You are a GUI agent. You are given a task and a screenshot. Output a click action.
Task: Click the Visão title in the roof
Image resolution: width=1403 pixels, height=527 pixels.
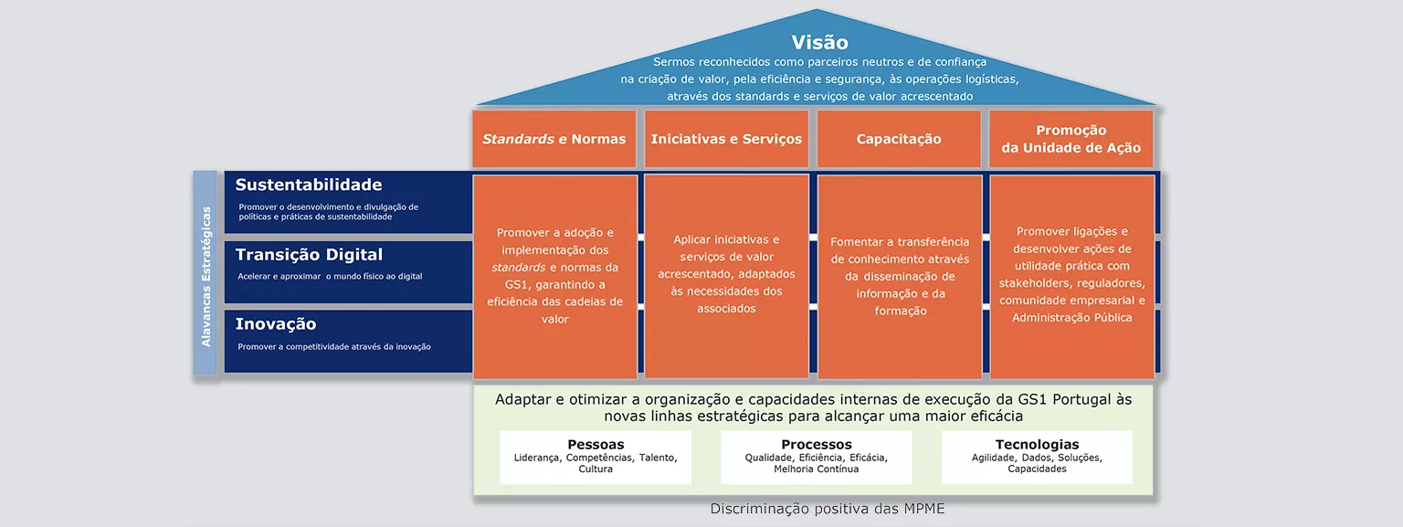[819, 42]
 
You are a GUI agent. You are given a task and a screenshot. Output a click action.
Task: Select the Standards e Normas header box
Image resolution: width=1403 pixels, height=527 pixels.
[554, 139]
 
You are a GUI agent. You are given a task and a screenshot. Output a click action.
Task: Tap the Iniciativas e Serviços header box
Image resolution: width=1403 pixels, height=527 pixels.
[726, 139]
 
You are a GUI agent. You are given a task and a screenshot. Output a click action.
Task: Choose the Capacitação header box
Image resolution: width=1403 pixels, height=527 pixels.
[899, 139]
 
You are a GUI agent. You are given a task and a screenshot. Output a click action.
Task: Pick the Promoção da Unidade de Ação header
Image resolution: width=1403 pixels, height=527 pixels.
[1071, 139]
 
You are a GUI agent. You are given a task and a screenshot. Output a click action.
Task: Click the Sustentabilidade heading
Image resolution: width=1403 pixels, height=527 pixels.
[308, 184]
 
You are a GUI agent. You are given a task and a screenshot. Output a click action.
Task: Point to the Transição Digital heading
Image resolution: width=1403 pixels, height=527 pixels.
[309, 255]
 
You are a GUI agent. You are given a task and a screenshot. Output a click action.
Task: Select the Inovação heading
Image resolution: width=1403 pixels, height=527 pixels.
[276, 324]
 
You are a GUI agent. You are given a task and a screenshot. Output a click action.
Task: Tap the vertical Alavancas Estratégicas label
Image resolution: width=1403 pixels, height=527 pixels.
[206, 277]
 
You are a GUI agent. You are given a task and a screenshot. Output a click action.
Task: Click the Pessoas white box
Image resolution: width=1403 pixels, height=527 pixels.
[596, 457]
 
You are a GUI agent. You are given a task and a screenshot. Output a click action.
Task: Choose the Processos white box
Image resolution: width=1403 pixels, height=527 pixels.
[816, 457]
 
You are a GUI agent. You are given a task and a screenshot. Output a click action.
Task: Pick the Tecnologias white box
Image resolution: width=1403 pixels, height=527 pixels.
[1038, 457]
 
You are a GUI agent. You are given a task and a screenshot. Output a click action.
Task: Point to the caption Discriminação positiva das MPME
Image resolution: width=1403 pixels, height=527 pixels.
[828, 509]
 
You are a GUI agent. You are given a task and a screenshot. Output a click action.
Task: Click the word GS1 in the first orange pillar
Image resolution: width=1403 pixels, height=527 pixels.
[517, 284]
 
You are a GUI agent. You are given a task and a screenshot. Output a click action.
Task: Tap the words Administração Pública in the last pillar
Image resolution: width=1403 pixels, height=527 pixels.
[1072, 318]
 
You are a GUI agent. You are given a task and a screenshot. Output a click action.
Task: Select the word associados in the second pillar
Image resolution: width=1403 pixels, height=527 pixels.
[726, 309]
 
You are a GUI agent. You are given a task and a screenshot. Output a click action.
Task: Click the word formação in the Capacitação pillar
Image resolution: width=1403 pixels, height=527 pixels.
[901, 311]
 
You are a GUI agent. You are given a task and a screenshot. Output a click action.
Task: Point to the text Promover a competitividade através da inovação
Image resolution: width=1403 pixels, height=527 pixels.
[333, 346]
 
